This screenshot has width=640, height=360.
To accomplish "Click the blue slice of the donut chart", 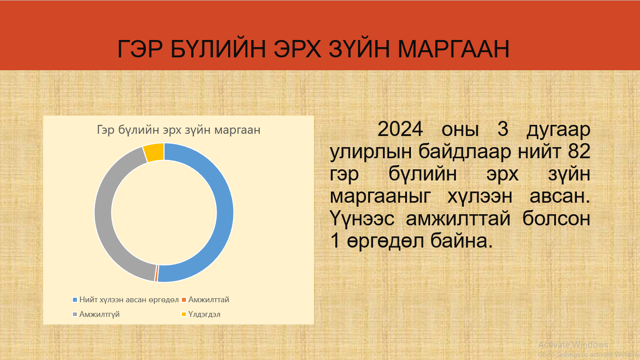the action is pos(225,213).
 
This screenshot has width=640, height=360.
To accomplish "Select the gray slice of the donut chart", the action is pos(103,213).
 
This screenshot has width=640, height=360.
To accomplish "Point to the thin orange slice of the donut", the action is pos(157,273).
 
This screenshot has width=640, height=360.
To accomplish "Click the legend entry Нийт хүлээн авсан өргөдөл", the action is pos(126,300).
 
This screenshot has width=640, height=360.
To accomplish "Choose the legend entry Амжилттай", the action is pos(206,300).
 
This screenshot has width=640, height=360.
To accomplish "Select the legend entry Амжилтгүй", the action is pos(96,314).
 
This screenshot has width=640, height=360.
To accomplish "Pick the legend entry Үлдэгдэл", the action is pos(201,314).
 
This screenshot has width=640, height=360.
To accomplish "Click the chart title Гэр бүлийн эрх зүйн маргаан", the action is pos(179,130).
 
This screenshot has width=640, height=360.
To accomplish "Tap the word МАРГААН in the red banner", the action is pos(454,49).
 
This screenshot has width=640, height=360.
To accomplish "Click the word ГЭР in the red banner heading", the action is pos(140,49).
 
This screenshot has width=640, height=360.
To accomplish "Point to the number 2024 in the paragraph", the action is pos(400,129).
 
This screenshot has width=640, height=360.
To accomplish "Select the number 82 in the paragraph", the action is pos(579,151).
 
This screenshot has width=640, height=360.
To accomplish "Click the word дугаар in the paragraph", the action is pos(558,130).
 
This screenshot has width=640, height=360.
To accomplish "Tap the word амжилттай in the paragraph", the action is pos(458,219).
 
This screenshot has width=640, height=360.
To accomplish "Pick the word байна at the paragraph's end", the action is pos(461,241).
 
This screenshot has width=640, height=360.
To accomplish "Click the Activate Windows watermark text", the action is pos(573,344).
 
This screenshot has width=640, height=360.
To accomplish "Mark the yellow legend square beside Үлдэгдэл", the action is pos(184,314).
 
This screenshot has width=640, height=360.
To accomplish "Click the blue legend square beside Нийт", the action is pos(75,300).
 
